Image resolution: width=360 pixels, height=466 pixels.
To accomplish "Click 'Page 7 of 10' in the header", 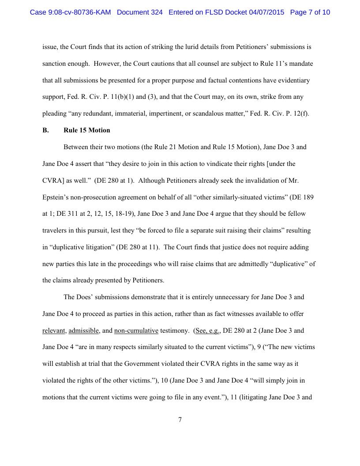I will click(x=310, y=12).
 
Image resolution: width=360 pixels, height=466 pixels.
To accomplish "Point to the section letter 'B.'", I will click(x=45, y=130).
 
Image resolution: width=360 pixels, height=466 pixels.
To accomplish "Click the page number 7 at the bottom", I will click(x=180, y=420).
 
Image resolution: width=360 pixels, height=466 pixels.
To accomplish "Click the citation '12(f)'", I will click(x=300, y=113).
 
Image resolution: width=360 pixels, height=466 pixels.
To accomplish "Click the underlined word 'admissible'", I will click(x=83, y=331).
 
